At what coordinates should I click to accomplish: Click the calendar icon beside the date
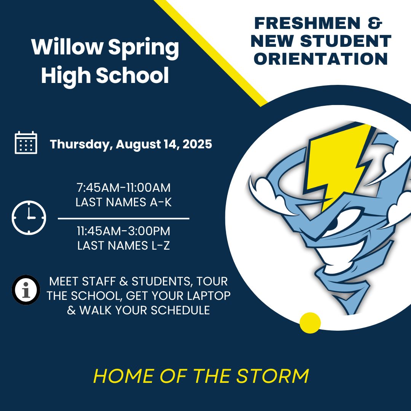(26, 142)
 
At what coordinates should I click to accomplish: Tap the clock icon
(29, 218)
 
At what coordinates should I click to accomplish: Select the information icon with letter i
(26, 290)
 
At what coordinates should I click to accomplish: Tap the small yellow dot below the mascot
(310, 323)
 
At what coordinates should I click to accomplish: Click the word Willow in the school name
(67, 47)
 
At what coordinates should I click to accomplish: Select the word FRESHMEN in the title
(307, 23)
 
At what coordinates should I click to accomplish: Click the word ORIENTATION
(321, 59)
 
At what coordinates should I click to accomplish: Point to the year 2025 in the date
(197, 144)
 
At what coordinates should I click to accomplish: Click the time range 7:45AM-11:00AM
(123, 188)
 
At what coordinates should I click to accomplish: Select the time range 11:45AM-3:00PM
(123, 231)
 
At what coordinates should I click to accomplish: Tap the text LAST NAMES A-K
(123, 202)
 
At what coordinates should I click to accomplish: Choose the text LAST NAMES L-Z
(123, 246)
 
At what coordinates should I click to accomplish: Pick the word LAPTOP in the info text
(209, 296)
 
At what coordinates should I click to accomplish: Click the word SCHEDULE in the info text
(180, 311)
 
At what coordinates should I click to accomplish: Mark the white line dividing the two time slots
(123, 218)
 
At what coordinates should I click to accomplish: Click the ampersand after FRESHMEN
(375, 23)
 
